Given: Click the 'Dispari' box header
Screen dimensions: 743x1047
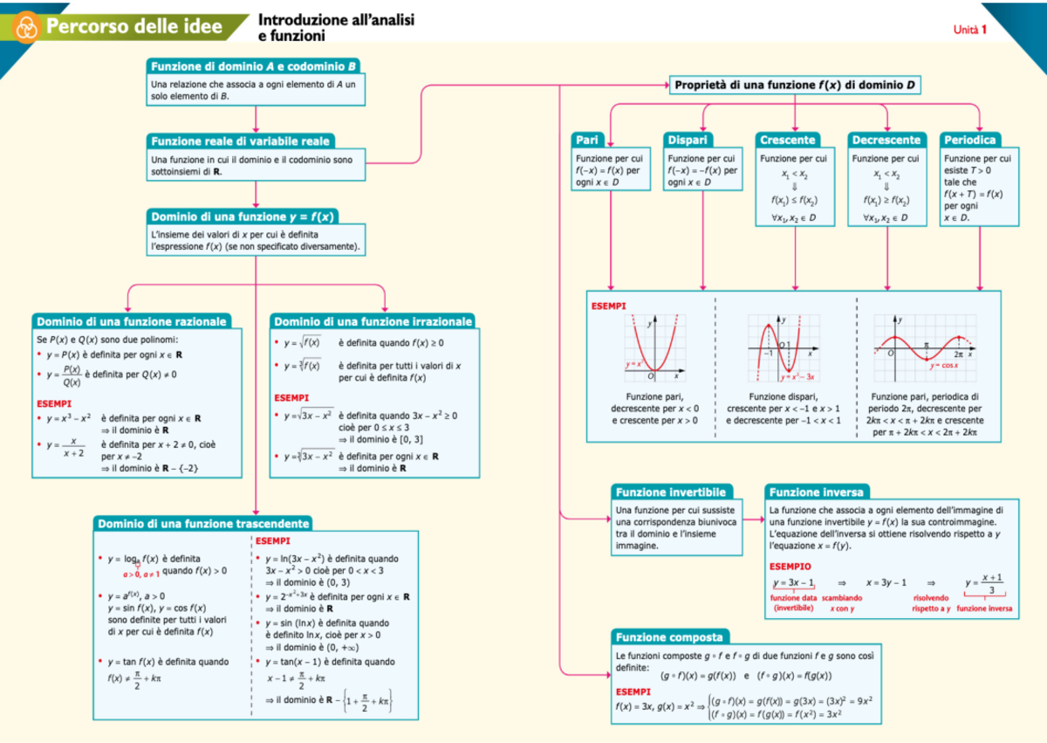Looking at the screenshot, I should pos(688,140).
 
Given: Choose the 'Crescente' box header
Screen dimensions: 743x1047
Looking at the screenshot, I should pos(788,140).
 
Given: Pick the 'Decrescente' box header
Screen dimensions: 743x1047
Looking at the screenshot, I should pos(886,140).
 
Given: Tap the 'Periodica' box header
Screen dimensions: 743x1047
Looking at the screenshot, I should pos(970,140).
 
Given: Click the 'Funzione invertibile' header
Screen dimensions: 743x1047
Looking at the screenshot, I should pos(670,492).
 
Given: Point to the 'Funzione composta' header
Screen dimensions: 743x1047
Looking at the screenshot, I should pos(669,636).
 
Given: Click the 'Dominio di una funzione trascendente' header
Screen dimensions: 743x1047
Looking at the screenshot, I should pos(203,524).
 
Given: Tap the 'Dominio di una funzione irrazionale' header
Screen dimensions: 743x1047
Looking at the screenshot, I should pos(373,321).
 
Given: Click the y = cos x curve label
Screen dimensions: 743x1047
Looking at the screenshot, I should pos(943,366).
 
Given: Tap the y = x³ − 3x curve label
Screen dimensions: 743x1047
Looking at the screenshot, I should pos(797,376).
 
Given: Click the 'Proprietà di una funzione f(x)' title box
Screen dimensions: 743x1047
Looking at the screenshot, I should pos(795,85).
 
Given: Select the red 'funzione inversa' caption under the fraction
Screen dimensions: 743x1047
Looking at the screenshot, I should pos(985,608).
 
